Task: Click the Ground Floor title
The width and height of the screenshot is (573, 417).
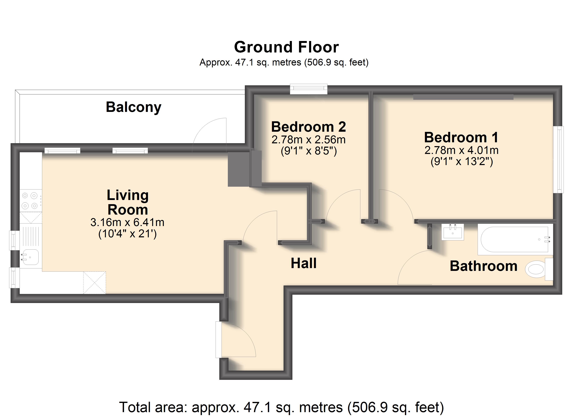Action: click(x=286, y=47)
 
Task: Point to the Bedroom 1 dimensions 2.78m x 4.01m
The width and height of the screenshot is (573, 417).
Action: click(x=461, y=150)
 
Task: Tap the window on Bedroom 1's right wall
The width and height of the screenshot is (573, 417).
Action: click(x=558, y=160)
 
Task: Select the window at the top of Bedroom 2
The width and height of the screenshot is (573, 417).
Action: click(x=309, y=89)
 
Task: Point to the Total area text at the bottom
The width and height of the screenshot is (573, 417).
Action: click(x=281, y=407)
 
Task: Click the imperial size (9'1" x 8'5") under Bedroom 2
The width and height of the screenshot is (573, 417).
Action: click(x=309, y=151)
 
